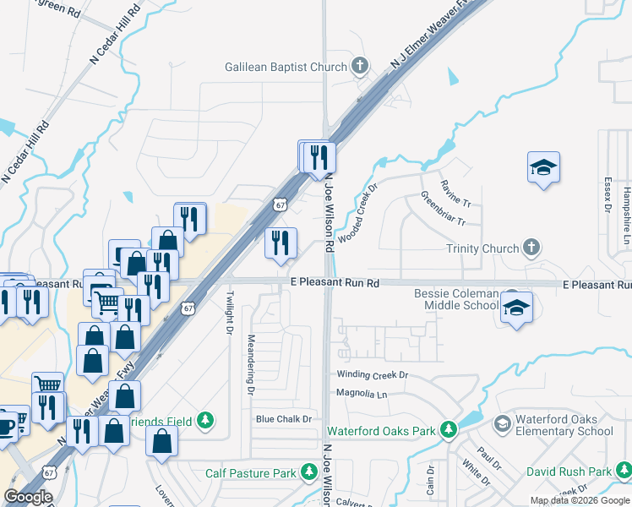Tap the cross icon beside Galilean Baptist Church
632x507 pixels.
(360, 66)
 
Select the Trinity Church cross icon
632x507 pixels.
(530, 248)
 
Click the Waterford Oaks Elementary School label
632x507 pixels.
(562, 425)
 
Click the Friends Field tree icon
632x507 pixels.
(204, 420)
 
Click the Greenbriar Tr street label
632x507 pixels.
(443, 208)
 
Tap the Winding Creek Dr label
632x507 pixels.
(372, 374)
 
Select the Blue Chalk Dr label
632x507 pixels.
(284, 418)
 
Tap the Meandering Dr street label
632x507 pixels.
(250, 364)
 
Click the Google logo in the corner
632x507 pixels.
(28, 497)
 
